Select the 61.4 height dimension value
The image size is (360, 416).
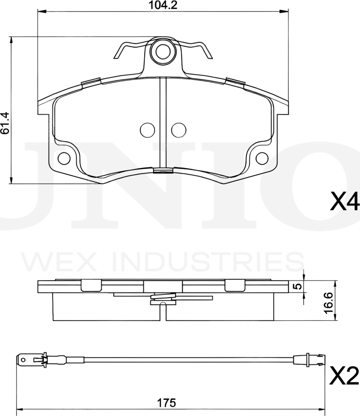5,123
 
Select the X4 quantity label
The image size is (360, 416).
344,202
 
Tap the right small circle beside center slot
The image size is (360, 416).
178,130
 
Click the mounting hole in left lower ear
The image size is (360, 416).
64,158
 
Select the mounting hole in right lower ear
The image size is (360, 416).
262,158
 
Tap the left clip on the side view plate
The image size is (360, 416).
92,285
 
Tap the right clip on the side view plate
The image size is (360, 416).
234,285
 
